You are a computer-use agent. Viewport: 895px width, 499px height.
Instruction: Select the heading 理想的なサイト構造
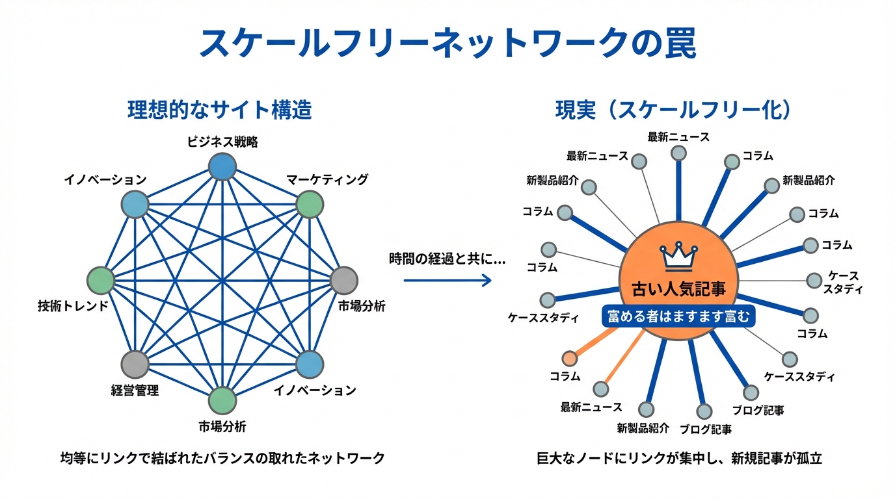coord(220,110)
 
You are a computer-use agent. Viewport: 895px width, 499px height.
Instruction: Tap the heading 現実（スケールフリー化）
coord(673,110)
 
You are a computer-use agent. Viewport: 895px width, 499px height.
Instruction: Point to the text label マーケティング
coord(327,179)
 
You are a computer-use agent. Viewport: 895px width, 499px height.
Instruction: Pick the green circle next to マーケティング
coord(310,205)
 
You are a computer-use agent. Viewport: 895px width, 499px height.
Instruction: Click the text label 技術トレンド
coord(73,305)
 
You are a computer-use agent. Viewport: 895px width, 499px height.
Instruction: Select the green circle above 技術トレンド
coord(101,280)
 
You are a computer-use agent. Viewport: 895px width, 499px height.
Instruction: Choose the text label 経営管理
coord(135,390)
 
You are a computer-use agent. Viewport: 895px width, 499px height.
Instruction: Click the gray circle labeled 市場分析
coord(344,280)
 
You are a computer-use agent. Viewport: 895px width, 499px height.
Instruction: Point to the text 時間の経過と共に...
coord(447,258)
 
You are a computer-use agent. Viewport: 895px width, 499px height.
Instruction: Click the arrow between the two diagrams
coord(447,280)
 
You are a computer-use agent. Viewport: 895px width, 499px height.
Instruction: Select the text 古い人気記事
coord(678,288)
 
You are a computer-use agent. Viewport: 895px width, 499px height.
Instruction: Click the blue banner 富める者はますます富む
coord(678,316)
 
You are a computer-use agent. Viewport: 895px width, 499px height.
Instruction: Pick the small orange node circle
coord(569,358)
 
